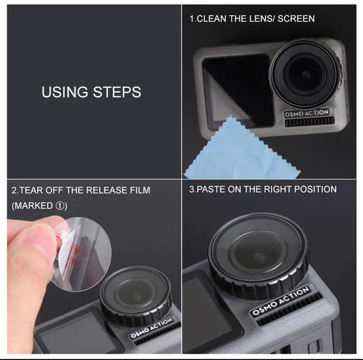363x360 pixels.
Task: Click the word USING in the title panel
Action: click(x=65, y=92)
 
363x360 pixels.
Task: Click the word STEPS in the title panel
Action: click(x=117, y=92)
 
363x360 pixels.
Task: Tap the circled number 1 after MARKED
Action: click(x=60, y=206)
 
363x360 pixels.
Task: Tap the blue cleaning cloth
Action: click(x=241, y=153)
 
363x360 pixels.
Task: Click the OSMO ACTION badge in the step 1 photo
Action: click(x=306, y=113)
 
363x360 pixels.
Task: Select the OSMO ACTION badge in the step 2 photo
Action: click(x=152, y=328)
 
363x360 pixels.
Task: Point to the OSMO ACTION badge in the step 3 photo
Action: click(x=280, y=301)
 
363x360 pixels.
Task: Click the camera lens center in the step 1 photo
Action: click(x=306, y=74)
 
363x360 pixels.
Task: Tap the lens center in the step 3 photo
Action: click(x=258, y=256)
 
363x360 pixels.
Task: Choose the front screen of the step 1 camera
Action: click(x=237, y=90)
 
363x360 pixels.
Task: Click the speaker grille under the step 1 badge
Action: click(x=309, y=121)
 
